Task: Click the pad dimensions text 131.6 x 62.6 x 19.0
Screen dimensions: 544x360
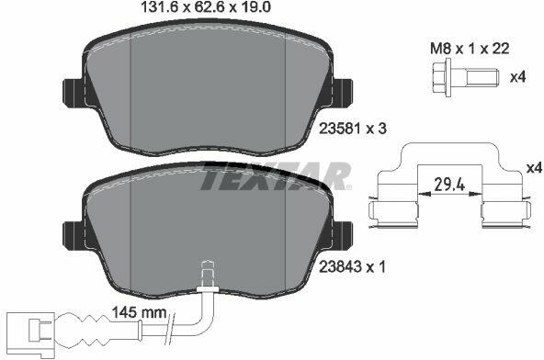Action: pyautogui.click(x=206, y=7)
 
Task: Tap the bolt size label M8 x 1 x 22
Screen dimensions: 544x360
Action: pyautogui.click(x=470, y=49)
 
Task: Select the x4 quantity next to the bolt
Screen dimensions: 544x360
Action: pyautogui.click(x=517, y=76)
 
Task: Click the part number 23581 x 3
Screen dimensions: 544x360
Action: pyautogui.click(x=353, y=129)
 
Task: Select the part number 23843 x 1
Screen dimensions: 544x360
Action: pyautogui.click(x=352, y=266)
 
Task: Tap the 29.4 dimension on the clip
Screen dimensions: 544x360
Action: pyautogui.click(x=449, y=185)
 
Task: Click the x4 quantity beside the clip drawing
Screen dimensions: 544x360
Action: pyautogui.click(x=534, y=168)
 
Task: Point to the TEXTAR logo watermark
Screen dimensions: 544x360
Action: pyautogui.click(x=276, y=175)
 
